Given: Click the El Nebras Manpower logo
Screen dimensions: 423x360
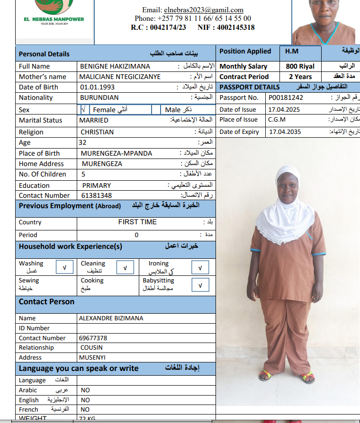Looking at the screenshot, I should pos(54,12).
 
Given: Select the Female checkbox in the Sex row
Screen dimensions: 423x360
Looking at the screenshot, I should pos(83,110).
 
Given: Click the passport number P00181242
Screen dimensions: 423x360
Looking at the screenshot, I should pos(286,97).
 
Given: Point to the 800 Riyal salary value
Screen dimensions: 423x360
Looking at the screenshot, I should pos(300,67).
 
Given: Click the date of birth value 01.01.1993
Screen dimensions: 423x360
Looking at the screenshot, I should pos(97,87).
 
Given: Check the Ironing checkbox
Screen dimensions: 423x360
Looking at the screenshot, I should pos(200,268).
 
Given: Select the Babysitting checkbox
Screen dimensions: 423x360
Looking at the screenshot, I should pos(200,285).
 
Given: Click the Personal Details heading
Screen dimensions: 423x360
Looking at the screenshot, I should pos(44,54).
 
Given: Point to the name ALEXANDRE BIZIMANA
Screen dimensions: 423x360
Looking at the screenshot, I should pos(111,318).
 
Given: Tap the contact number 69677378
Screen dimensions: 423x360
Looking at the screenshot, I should pos(93,338).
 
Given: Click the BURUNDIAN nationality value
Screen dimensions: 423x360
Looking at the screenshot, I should pos(99,97).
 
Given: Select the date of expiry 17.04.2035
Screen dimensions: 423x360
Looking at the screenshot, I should pos(285,132).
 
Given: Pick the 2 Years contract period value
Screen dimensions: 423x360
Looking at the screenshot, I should pos(300,77).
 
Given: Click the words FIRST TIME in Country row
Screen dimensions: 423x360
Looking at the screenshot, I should pos(137,222).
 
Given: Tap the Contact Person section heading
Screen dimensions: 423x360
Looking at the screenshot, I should pos(46,302).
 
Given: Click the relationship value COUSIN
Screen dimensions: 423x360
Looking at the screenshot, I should pos(91,347).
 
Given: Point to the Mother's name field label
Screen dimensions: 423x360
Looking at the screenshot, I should pos(42,77).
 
